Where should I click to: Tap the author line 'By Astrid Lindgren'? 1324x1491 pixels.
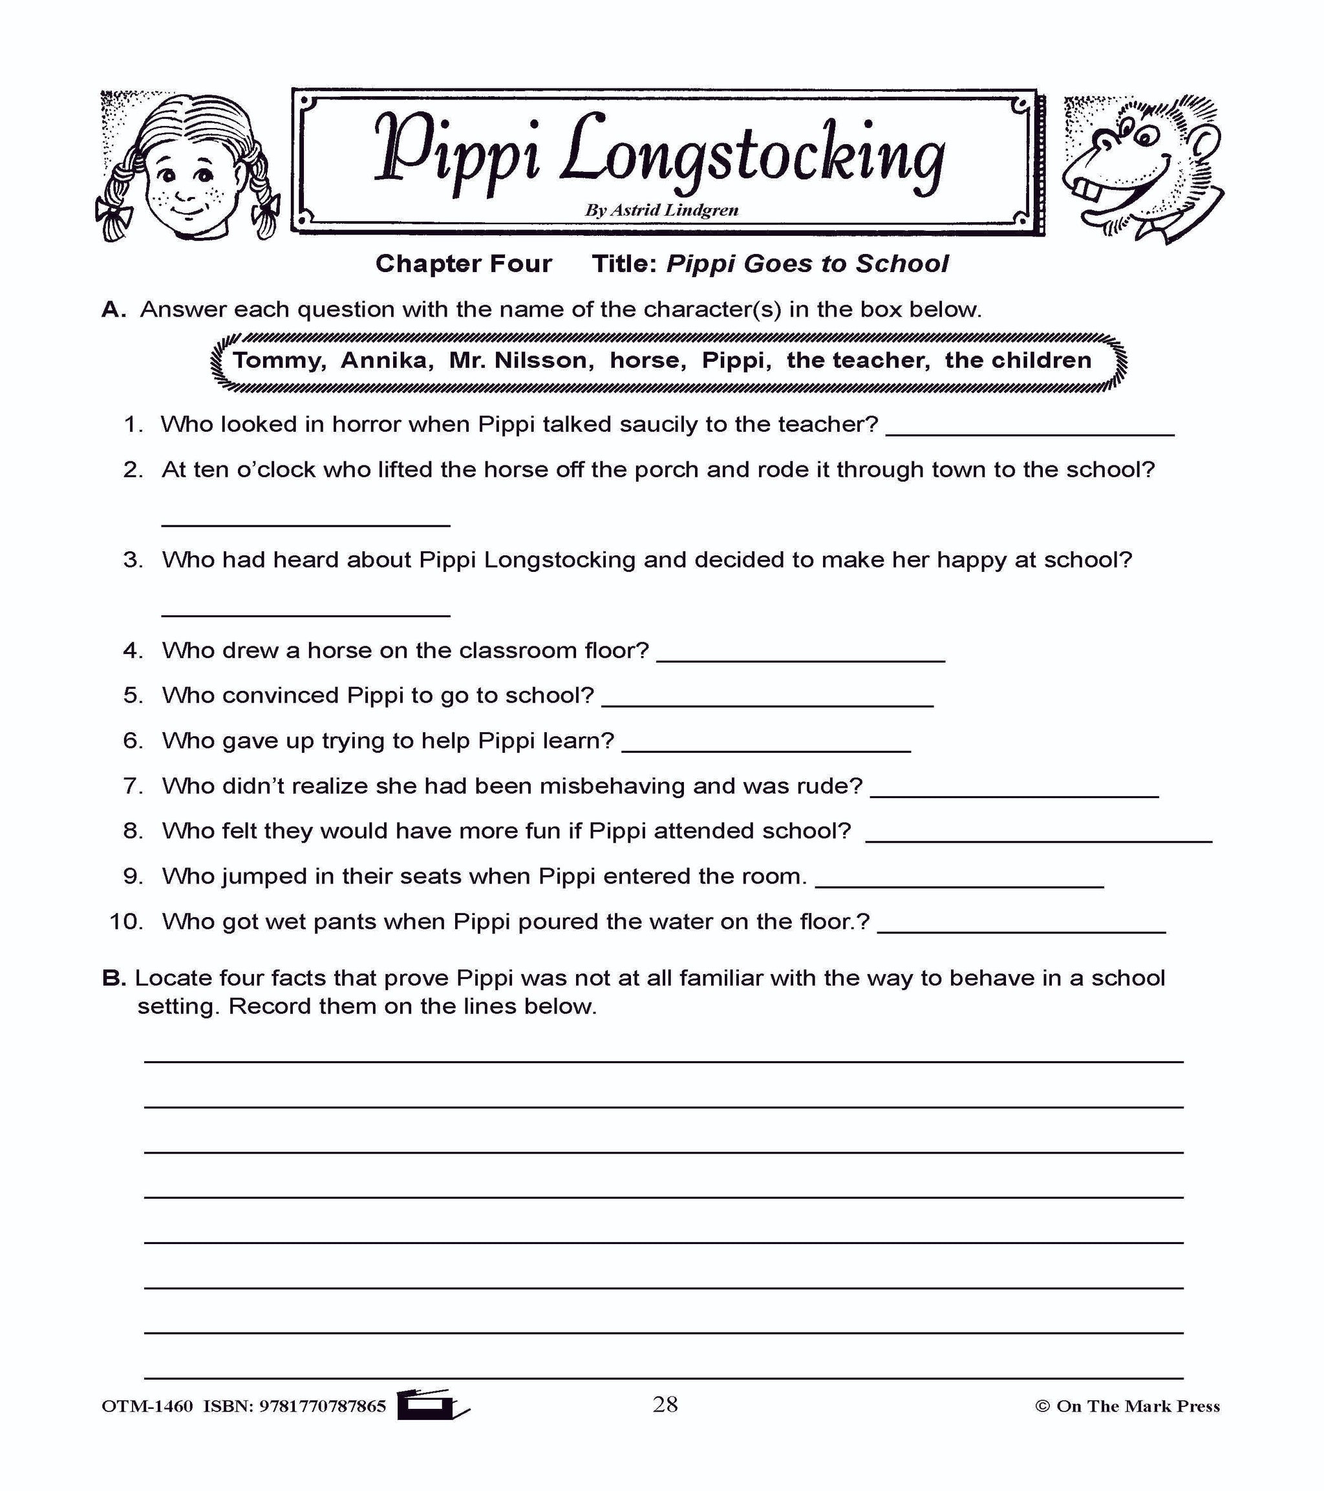(x=661, y=211)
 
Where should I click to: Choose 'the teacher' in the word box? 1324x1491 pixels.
(x=858, y=361)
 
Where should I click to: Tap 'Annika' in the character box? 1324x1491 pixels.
(x=387, y=361)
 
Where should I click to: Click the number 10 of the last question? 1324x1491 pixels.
(x=125, y=922)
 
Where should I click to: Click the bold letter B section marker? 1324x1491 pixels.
(x=114, y=978)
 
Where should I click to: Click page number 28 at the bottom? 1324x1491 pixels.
(x=665, y=1404)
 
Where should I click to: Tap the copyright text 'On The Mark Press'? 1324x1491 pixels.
(x=1137, y=1406)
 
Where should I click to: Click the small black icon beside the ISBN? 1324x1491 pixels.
(x=431, y=1404)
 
